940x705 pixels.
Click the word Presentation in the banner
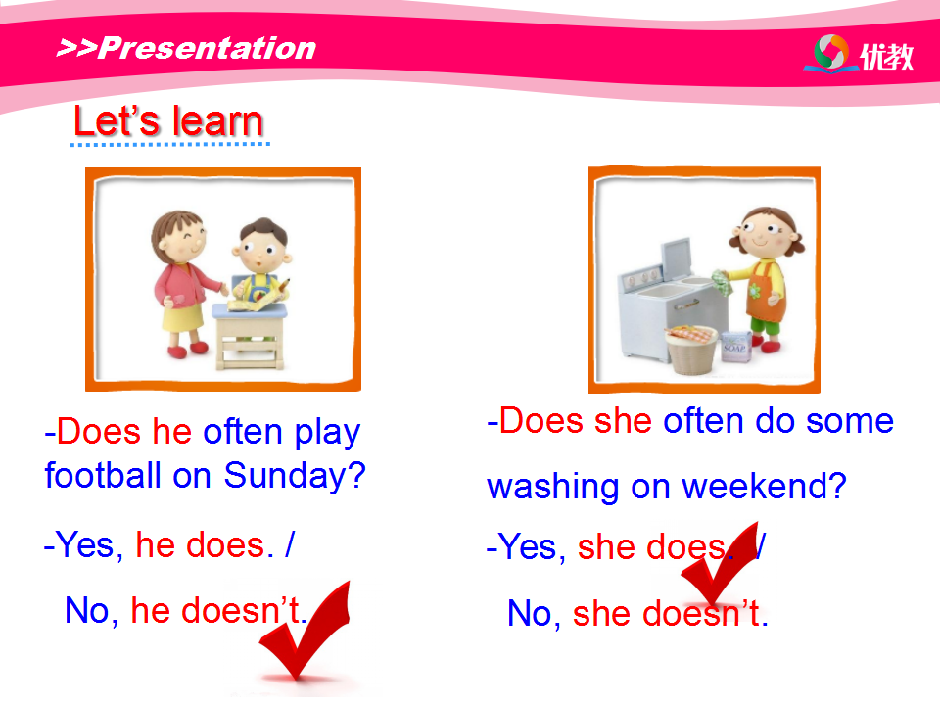(207, 48)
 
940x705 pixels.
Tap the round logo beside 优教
(831, 52)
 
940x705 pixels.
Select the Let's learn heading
(168, 120)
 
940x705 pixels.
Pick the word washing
(552, 487)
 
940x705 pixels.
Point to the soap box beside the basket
(734, 347)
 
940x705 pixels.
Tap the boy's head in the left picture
(262, 246)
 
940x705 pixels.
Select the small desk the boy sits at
(249, 336)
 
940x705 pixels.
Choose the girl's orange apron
(765, 293)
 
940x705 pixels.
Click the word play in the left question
(327, 433)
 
